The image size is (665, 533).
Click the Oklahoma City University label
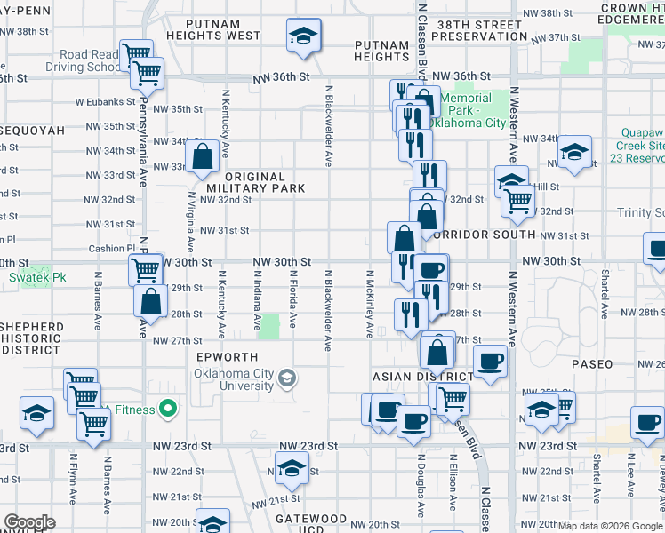pyautogui.click(x=235, y=379)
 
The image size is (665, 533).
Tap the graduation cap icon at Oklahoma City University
pyautogui.click(x=286, y=379)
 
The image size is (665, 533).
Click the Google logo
pyautogui.click(x=30, y=522)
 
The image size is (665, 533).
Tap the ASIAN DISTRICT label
pyautogui.click(x=423, y=377)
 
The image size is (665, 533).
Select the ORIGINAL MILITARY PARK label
pyautogui.click(x=256, y=183)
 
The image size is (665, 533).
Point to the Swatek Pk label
pyautogui.click(x=33, y=277)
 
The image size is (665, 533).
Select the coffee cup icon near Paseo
pyautogui.click(x=490, y=360)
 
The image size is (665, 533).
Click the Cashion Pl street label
pyautogui.click(x=111, y=249)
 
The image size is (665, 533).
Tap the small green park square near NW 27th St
pyautogui.click(x=268, y=326)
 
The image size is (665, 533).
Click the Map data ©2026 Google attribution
pyautogui.click(x=610, y=526)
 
